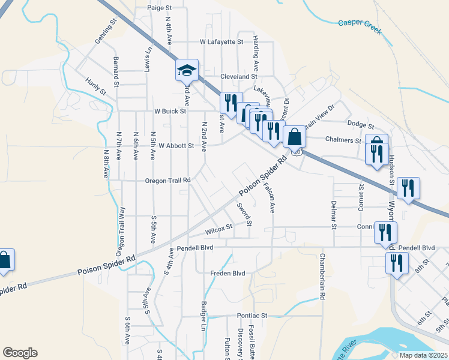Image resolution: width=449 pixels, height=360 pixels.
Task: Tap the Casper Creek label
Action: (x=360, y=23)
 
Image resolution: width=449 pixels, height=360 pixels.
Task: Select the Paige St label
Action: (x=159, y=8)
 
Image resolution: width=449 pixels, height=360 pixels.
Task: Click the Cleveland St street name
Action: (x=238, y=77)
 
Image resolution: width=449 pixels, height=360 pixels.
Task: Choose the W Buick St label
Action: (x=170, y=111)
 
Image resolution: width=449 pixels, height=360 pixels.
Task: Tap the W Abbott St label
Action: (x=176, y=145)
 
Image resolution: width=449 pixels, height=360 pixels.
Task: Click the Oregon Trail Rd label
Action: (x=167, y=180)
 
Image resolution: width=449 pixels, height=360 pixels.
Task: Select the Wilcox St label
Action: (x=218, y=229)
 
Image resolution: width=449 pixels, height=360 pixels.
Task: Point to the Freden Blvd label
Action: (x=228, y=273)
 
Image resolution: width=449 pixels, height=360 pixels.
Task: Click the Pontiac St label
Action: (x=251, y=315)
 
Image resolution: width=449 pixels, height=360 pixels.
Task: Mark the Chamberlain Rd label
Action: (x=322, y=281)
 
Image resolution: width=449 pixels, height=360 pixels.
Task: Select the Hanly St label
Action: (x=95, y=86)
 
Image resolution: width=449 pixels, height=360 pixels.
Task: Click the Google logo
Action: (x=20, y=353)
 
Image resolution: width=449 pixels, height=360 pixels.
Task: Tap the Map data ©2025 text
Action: (x=424, y=355)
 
